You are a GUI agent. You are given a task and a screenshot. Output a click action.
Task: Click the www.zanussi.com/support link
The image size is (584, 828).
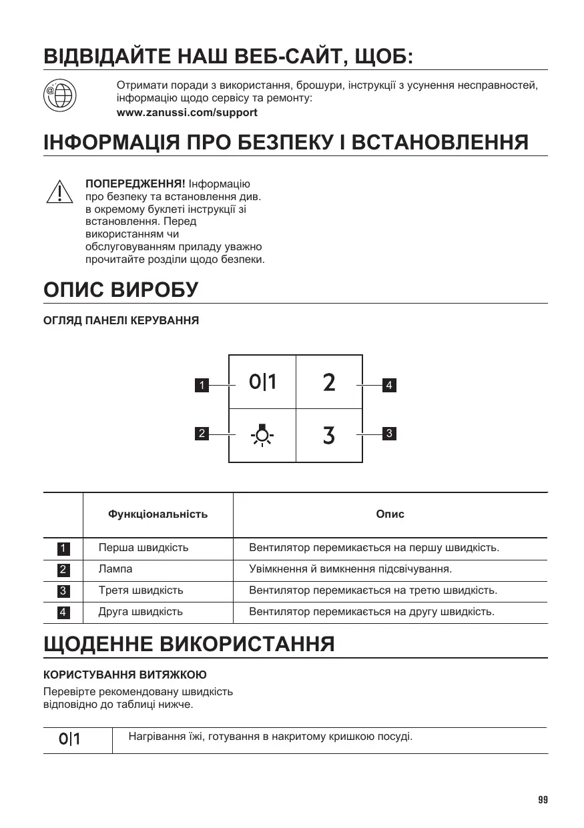pyautogui.click(x=187, y=113)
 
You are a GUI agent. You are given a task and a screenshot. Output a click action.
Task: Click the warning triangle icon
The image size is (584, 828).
pyautogui.click(x=59, y=191)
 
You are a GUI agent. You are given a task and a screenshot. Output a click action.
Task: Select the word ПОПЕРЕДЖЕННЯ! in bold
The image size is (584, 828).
pyautogui.click(x=135, y=183)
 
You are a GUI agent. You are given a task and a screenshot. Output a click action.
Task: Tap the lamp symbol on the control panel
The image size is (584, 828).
pyautogui.click(x=262, y=435)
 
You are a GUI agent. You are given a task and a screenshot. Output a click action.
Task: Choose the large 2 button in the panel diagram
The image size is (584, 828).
pyautogui.click(x=329, y=383)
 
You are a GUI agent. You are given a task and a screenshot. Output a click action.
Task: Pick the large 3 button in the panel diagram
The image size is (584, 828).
pyautogui.click(x=329, y=436)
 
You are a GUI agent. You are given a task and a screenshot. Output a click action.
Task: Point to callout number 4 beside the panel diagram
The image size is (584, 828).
pyautogui.click(x=389, y=385)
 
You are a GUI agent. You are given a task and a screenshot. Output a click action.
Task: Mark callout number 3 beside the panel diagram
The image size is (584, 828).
pyautogui.click(x=389, y=434)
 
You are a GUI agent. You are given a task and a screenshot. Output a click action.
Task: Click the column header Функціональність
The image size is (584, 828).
pyautogui.click(x=158, y=514)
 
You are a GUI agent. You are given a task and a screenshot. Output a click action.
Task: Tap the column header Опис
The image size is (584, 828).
pyautogui.click(x=390, y=514)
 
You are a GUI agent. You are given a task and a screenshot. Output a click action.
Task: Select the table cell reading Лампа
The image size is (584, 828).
pyautogui.click(x=115, y=569)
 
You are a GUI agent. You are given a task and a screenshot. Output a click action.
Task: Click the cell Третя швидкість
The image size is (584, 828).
pyautogui.click(x=141, y=590)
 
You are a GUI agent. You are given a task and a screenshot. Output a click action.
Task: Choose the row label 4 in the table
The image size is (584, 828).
pyautogui.click(x=63, y=612)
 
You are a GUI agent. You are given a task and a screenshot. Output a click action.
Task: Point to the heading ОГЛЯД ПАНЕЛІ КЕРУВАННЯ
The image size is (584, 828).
pyautogui.click(x=121, y=321)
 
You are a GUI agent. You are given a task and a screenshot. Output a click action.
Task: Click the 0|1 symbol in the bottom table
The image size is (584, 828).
pyautogui.click(x=69, y=739)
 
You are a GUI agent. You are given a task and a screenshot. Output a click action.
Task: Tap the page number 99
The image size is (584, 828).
pyautogui.click(x=542, y=800)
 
